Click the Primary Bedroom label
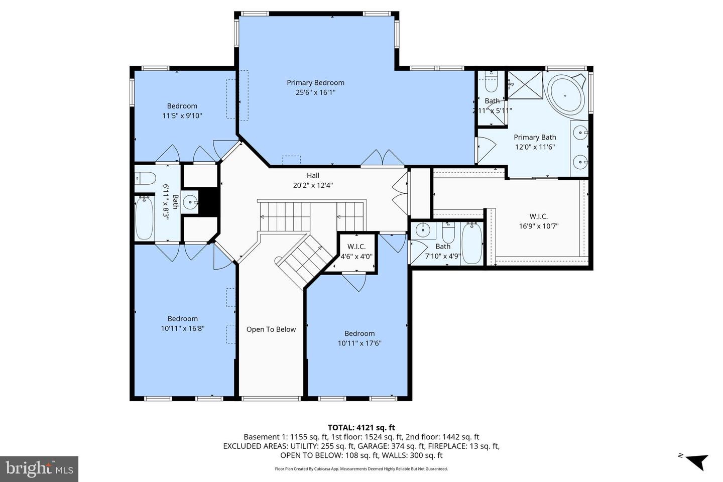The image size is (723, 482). pos(315,83)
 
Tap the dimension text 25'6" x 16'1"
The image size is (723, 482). pos(315,92)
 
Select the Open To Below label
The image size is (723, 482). pos(271,329)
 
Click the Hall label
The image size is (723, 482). pos(313,175)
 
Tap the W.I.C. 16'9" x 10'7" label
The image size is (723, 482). pos(538,221)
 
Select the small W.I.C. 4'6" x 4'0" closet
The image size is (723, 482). pos(356,251)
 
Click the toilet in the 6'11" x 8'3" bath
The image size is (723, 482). pos(144,178)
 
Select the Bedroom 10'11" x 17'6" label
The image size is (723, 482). pos(359,338)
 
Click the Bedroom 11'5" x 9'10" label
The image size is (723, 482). pos(182,110)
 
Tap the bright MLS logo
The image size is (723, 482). pos(39,469)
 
